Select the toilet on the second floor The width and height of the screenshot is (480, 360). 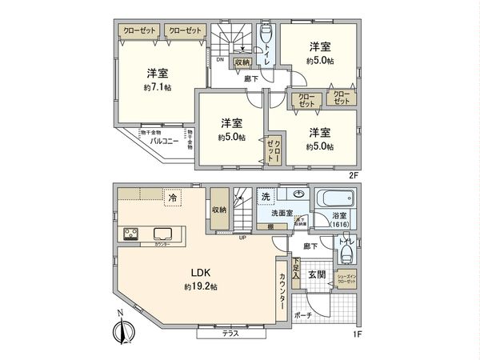(266, 36)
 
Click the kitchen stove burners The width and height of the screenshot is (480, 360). (130, 234)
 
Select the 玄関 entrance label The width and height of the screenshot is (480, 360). (317, 274)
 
